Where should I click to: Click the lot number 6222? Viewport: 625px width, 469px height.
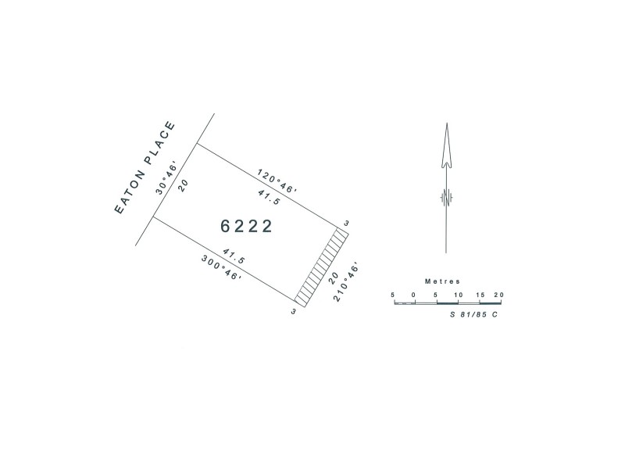[x=247, y=227]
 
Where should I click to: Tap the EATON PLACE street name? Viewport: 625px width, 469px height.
[x=146, y=168]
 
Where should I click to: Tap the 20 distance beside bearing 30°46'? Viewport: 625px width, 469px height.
[x=184, y=185]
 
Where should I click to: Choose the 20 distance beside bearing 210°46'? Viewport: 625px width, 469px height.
[x=332, y=277]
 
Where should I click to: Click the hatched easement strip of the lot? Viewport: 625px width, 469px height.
[x=320, y=266]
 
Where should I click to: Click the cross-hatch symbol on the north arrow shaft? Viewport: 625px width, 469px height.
[x=445, y=198]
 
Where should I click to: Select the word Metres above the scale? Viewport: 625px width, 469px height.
[x=443, y=281]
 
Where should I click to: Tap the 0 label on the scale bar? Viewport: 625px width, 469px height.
[x=413, y=295]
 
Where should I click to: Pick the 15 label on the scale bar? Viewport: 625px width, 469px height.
[x=479, y=295]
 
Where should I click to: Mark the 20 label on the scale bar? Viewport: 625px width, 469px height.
[x=499, y=295]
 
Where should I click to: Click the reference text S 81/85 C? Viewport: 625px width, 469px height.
[x=473, y=313]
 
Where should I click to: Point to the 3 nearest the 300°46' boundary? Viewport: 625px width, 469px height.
[x=293, y=311]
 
